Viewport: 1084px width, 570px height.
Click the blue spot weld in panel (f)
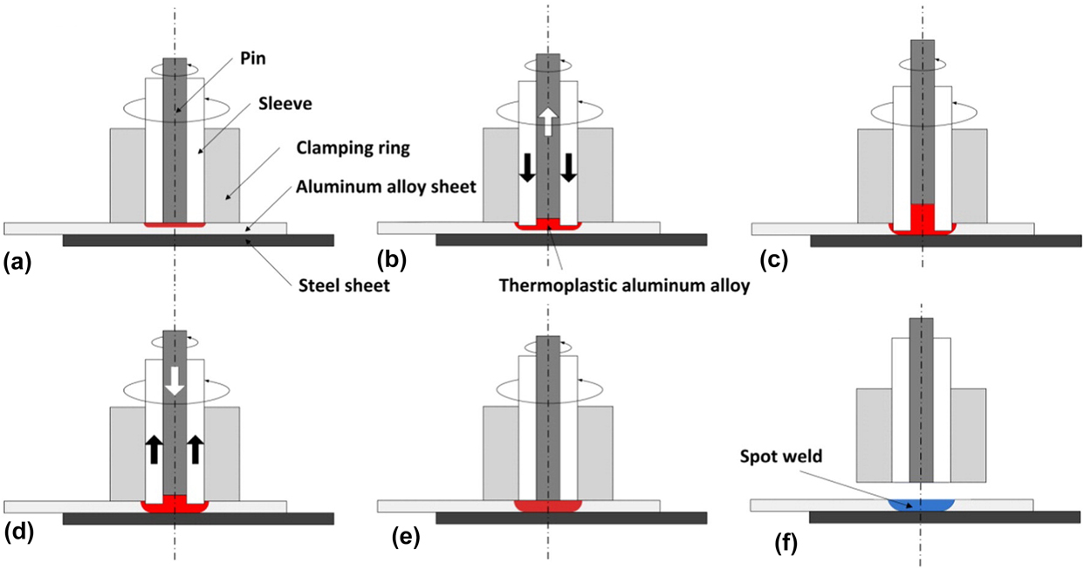[922, 504]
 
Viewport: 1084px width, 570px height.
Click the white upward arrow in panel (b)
[547, 121]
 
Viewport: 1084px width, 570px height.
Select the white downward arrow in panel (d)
[175, 381]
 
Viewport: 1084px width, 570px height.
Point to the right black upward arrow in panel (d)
[196, 448]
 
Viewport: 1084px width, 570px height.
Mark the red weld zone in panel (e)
[548, 505]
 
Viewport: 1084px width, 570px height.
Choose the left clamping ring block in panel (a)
[127, 175]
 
